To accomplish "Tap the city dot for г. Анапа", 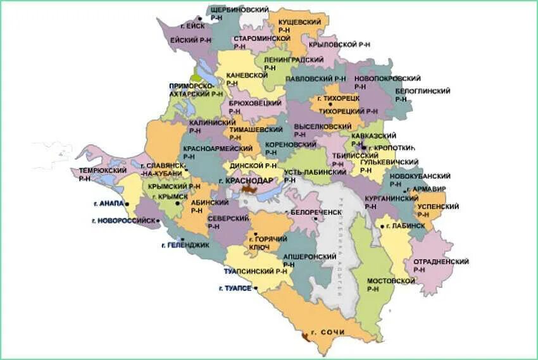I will (x=127, y=204).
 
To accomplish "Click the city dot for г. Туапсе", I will (x=257, y=289).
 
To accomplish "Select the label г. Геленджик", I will (x=185, y=245).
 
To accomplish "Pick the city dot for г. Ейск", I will (x=200, y=27).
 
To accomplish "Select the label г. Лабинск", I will (x=406, y=225).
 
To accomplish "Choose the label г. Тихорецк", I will (x=338, y=99).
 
